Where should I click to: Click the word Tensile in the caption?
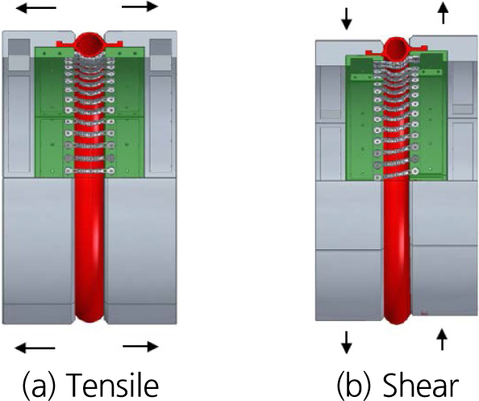(x=112, y=383)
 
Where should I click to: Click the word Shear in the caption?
(x=420, y=383)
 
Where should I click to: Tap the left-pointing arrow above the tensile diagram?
(x=35, y=7)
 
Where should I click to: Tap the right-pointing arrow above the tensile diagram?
(x=140, y=6)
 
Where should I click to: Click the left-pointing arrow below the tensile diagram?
(x=35, y=348)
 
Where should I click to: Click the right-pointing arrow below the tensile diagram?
(x=140, y=347)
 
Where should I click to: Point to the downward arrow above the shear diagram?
(x=347, y=19)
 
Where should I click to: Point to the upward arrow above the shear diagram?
(x=444, y=13)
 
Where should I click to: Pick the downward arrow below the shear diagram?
(x=347, y=342)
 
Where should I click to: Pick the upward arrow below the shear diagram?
(x=442, y=339)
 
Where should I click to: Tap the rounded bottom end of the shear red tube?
(x=397, y=317)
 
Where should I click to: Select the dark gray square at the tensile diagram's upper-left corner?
(x=19, y=48)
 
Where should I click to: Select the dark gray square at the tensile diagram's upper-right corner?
(x=160, y=48)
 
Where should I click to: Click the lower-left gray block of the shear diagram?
(x=349, y=285)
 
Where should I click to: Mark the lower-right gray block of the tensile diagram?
(x=140, y=251)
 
